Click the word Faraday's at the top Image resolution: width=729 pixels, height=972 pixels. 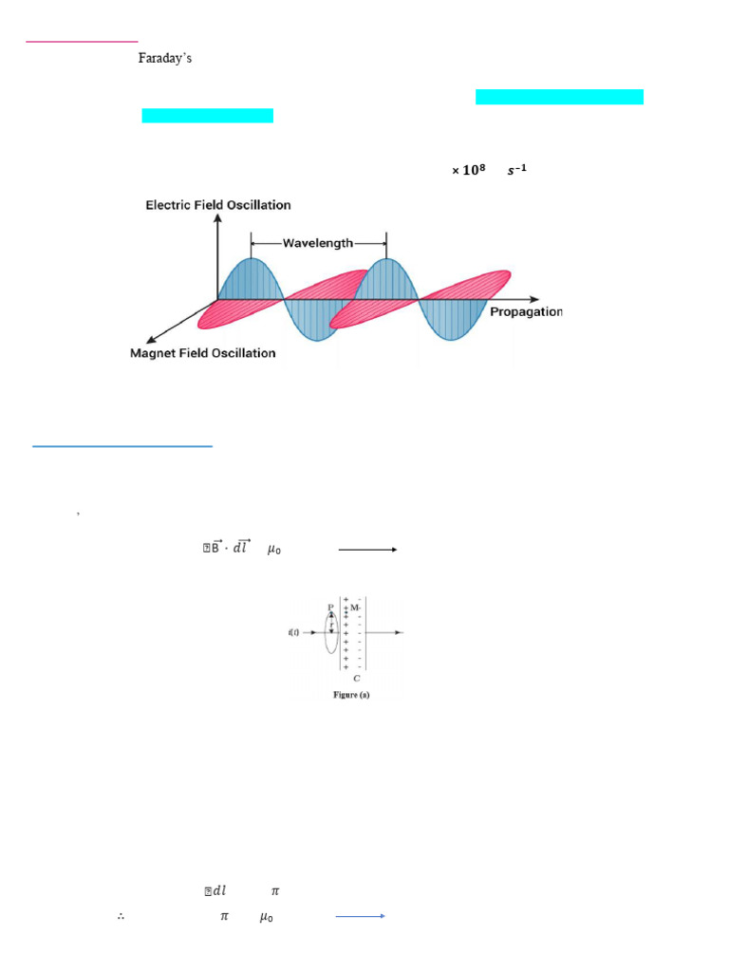pyautogui.click(x=166, y=59)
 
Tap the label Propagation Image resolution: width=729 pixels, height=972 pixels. pyautogui.click(x=526, y=312)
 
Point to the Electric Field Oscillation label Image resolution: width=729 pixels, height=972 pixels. pyautogui.click(x=218, y=205)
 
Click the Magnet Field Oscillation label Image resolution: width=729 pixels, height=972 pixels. pyautogui.click(x=202, y=353)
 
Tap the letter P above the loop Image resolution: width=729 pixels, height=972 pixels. pyautogui.click(x=330, y=607)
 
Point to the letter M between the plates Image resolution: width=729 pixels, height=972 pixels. pyautogui.click(x=355, y=607)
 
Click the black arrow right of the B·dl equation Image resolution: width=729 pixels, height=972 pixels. pyautogui.click(x=367, y=549)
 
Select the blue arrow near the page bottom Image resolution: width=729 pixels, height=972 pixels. pyautogui.click(x=358, y=917)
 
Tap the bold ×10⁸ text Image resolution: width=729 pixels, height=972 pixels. pyautogui.click(x=468, y=170)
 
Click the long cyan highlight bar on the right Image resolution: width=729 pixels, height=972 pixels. pyautogui.click(x=559, y=96)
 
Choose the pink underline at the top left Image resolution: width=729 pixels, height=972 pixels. pyautogui.click(x=82, y=42)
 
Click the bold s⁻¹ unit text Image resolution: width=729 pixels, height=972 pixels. pyautogui.click(x=514, y=170)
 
